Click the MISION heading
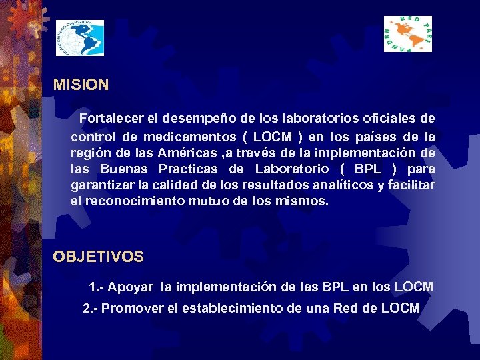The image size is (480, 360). (x=81, y=85)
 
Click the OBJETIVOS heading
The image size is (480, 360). (x=98, y=257)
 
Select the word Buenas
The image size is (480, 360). (x=125, y=169)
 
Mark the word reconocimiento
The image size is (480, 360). (x=131, y=201)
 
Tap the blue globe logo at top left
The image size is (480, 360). (x=79, y=38)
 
